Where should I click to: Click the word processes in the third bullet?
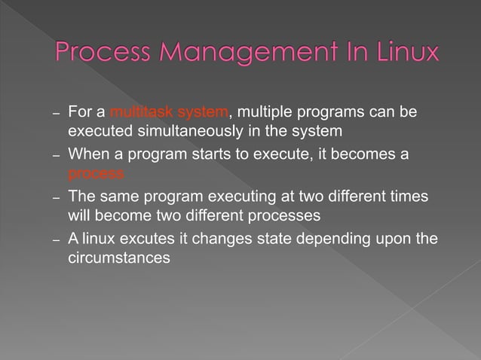pos(286,216)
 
